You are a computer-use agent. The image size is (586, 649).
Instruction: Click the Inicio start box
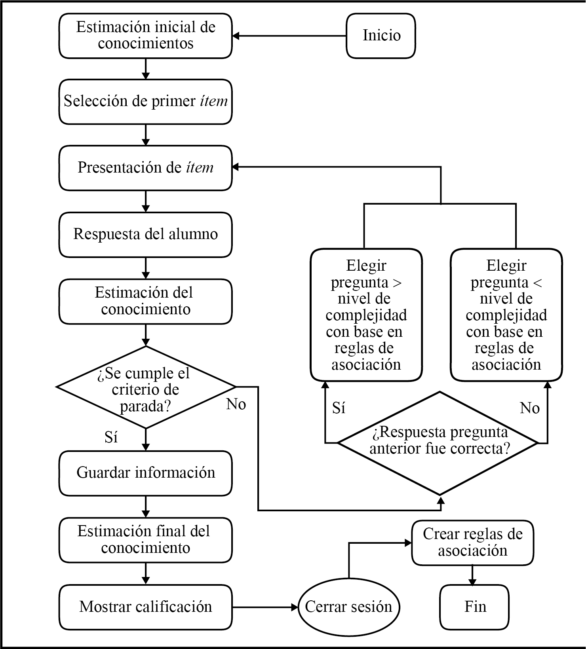[x=381, y=36]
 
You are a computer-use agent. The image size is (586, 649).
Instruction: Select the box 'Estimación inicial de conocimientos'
[x=145, y=36]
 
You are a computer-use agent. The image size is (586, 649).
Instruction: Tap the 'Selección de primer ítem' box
[x=145, y=102]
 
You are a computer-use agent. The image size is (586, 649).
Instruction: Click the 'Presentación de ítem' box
[x=145, y=168]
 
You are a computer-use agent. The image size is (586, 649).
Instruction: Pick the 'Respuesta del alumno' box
[x=145, y=234]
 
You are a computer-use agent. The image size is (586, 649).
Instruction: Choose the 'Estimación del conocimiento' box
[x=145, y=301]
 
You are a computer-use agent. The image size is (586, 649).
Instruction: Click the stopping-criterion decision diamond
[x=146, y=387]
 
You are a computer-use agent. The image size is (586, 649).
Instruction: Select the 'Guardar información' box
[x=145, y=473]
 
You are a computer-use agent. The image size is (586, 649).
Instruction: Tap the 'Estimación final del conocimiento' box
[x=145, y=540]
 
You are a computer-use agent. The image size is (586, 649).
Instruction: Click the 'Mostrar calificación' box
[x=145, y=607]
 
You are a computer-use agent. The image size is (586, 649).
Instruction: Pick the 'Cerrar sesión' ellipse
[x=348, y=607]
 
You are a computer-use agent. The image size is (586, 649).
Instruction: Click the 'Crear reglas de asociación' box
[x=472, y=543]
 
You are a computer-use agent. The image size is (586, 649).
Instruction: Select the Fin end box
[x=474, y=607]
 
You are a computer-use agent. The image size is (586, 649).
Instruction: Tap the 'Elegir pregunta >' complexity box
[x=366, y=315]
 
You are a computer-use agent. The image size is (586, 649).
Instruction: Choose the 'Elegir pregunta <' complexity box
[x=506, y=315]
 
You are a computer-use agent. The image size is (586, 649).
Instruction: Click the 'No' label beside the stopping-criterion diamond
[x=236, y=404]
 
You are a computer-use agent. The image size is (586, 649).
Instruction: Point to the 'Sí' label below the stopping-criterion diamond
[x=111, y=437]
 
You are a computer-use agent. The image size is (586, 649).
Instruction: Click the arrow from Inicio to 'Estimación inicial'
[x=289, y=36]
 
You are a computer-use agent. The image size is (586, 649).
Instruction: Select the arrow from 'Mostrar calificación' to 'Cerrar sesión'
[x=264, y=607]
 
